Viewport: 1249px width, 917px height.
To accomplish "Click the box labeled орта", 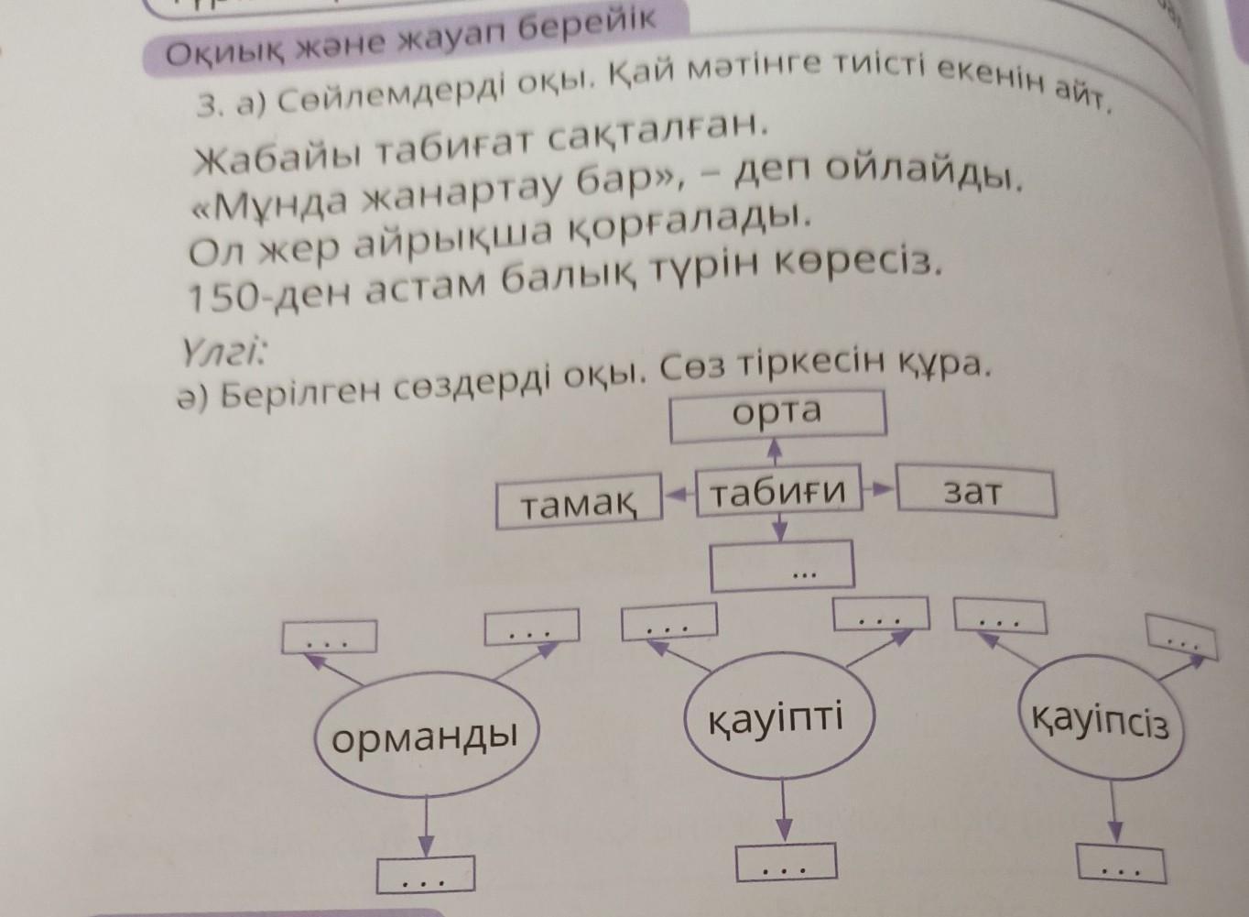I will coord(778,415).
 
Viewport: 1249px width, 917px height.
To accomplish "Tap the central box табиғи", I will coord(777,494).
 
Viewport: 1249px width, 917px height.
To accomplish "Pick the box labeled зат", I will coord(974,494).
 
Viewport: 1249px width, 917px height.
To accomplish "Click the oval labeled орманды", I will coord(426,737).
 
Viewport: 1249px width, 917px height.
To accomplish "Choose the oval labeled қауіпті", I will coord(777,720).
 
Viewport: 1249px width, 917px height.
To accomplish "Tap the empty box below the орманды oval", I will coord(425,875).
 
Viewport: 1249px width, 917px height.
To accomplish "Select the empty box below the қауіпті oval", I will coord(787,862).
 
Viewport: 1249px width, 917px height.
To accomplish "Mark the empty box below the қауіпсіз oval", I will coord(1121,864).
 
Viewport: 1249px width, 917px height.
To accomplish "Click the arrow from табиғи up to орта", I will coord(775,453).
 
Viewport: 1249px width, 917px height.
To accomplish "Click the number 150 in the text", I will coord(215,296).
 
